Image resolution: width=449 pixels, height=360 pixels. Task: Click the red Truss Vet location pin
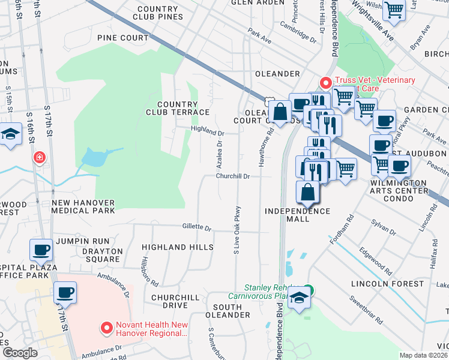click(325, 83)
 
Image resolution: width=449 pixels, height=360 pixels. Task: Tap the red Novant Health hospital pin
click(107, 328)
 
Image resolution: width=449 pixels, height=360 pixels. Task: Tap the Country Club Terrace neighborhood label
click(178, 108)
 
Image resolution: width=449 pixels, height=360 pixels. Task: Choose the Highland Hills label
click(177, 247)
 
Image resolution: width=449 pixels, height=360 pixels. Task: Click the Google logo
click(19, 353)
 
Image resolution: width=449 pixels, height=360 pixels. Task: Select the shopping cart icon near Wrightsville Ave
click(394, 10)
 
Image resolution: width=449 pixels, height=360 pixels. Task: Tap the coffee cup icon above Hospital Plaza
click(41, 248)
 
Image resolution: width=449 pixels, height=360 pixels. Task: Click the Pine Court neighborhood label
click(122, 38)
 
